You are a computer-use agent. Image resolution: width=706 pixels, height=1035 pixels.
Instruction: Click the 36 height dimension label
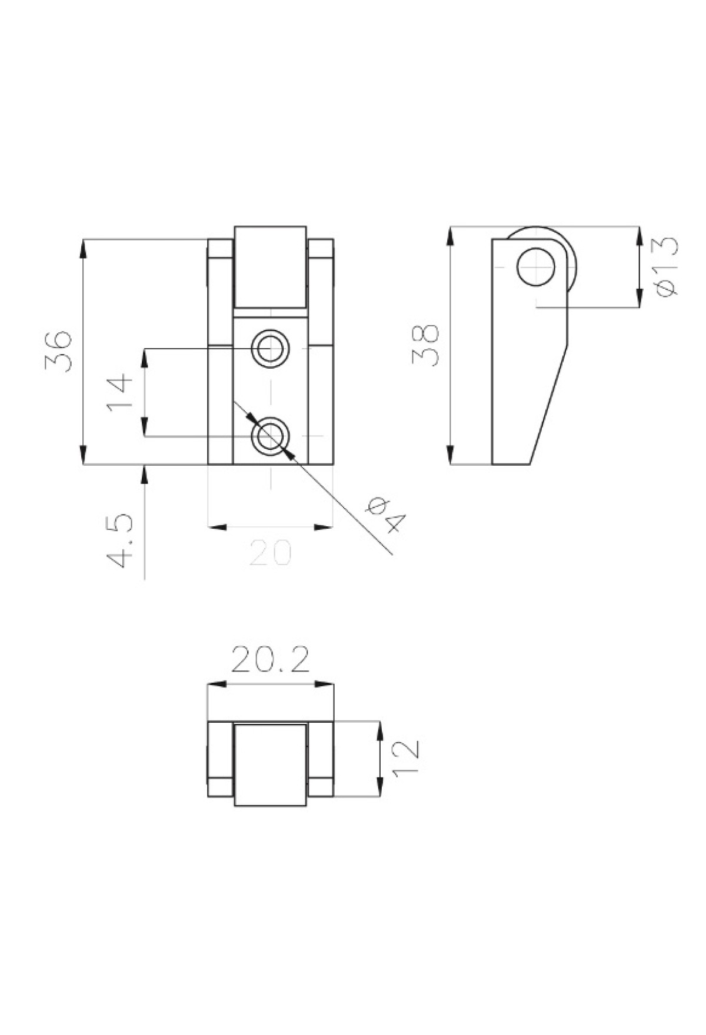(x=58, y=351)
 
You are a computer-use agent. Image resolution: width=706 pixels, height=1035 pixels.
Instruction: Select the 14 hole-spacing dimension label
(x=120, y=392)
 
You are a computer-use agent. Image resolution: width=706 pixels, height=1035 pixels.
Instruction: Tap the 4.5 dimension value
(x=120, y=541)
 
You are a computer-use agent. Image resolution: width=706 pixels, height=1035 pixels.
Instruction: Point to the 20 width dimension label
(x=271, y=553)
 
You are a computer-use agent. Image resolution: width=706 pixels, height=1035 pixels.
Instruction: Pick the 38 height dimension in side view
(x=425, y=345)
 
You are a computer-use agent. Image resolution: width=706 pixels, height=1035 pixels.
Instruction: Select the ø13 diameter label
(x=665, y=266)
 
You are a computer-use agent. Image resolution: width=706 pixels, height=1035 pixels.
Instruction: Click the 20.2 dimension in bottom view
(x=270, y=660)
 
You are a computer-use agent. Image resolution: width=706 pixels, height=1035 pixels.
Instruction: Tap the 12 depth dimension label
(x=405, y=759)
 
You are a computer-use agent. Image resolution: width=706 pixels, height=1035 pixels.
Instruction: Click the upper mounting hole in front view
(x=271, y=349)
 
